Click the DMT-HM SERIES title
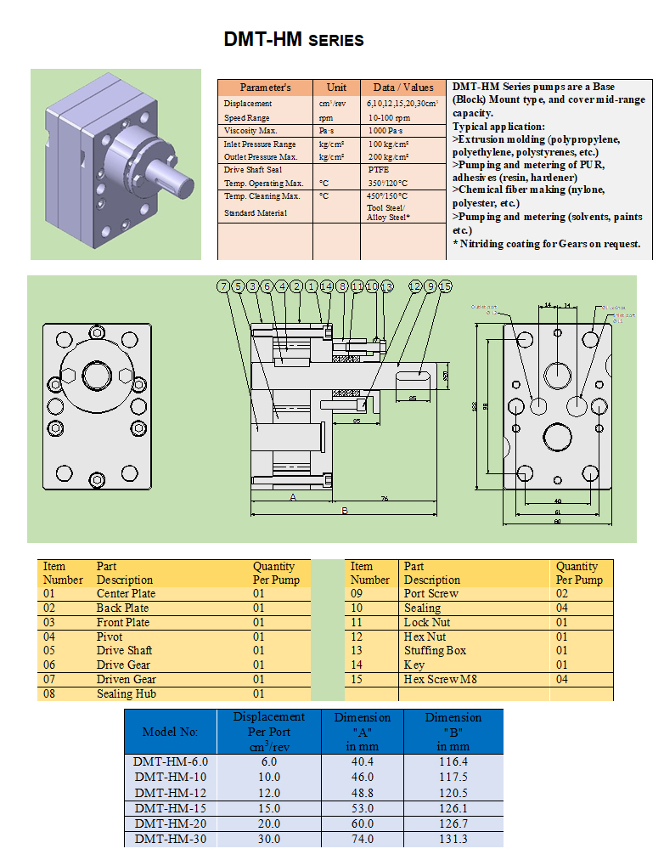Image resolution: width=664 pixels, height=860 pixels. pyautogui.click(x=294, y=39)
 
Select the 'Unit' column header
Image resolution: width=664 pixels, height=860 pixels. pyautogui.click(x=336, y=88)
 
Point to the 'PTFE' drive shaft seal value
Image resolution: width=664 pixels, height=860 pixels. pyautogui.click(x=378, y=170)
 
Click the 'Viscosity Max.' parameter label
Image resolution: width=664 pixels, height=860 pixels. pyautogui.click(x=250, y=131)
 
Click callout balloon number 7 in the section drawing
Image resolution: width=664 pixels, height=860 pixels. pyautogui.click(x=223, y=287)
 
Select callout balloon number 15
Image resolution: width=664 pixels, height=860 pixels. pyautogui.click(x=446, y=287)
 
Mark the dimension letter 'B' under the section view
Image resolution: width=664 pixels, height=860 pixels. pyautogui.click(x=345, y=511)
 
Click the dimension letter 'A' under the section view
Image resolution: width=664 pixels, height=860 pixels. pyautogui.click(x=293, y=497)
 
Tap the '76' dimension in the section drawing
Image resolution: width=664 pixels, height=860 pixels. pyautogui.click(x=385, y=498)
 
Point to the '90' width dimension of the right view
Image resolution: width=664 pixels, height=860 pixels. pyautogui.click(x=557, y=522)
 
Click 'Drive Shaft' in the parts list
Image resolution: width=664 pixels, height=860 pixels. pyautogui.click(x=124, y=650)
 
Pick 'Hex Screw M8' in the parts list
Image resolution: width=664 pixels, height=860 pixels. pyautogui.click(x=440, y=679)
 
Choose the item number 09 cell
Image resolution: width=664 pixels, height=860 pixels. pyautogui.click(x=363, y=593)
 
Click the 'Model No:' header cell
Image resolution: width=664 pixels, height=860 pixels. pyautogui.click(x=170, y=732)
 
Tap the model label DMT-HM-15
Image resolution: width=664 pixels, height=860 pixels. pyautogui.click(x=170, y=808)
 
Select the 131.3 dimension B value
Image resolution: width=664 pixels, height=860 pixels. pyautogui.click(x=453, y=839)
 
